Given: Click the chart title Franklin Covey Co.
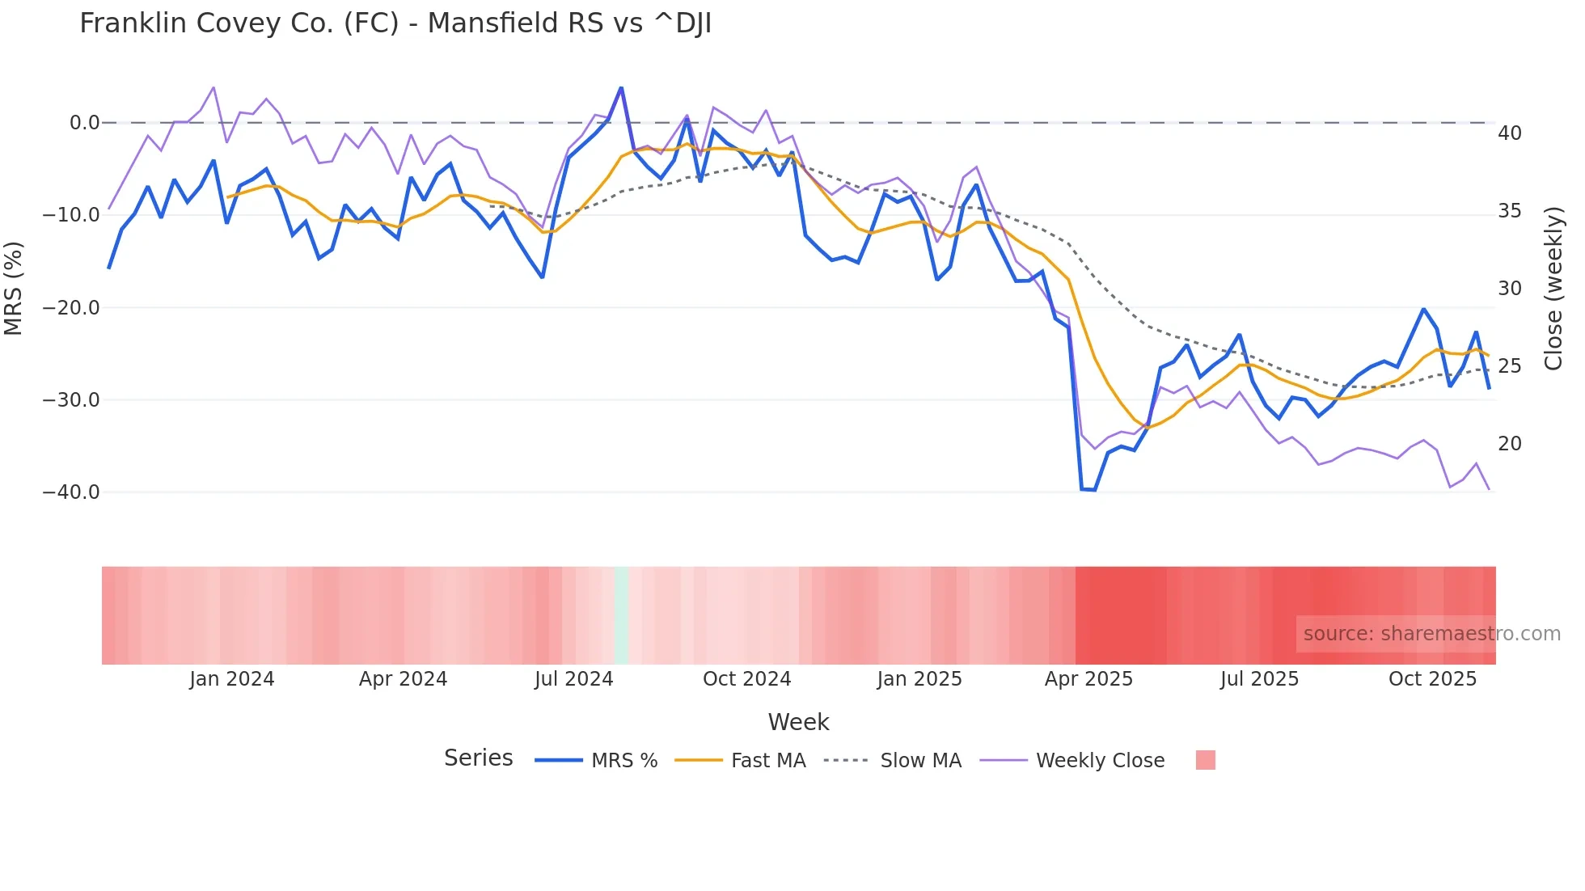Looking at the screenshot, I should coord(395,23).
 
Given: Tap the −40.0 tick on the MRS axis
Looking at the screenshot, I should coord(71,492).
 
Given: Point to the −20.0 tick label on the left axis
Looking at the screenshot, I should coord(71,308).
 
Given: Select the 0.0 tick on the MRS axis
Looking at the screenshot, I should coord(84,123).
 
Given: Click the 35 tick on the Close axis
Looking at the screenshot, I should coord(1510,211).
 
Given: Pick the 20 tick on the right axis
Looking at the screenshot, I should coord(1510,444).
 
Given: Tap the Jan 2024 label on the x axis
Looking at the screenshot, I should coord(232,679).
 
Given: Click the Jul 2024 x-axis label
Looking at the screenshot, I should coord(574,679).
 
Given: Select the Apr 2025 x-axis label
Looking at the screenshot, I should coord(1088,679).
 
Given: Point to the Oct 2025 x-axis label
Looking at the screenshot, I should coord(1432,679).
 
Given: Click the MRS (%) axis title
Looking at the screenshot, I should coord(14,289).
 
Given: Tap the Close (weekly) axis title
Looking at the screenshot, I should coord(1553,289).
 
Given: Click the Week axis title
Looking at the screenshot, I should coord(798,722).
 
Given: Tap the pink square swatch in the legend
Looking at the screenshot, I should coord(1206,760).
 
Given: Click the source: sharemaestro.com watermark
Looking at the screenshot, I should coord(1431,634).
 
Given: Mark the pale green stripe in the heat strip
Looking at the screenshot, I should coord(621,615).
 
